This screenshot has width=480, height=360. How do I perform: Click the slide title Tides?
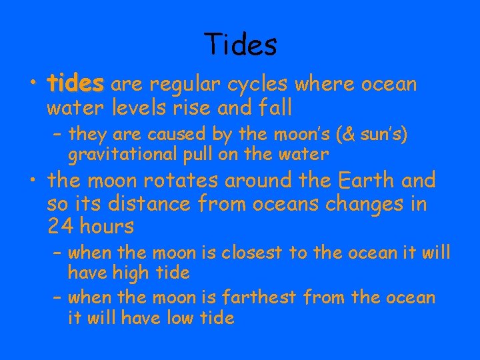(x=241, y=45)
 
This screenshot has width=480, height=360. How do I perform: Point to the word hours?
(x=106, y=227)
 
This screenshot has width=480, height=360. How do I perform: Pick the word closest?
(x=250, y=253)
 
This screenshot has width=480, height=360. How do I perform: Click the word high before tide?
(x=131, y=273)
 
